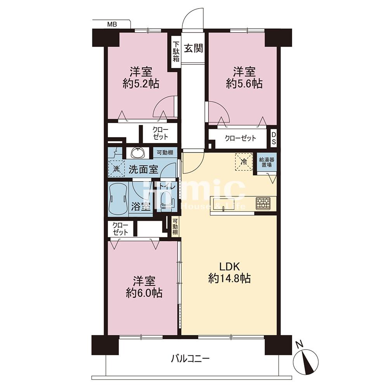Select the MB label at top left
(x=112, y=24)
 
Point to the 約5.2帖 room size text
(x=141, y=84)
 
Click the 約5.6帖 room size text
(x=244, y=84)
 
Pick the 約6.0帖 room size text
(x=144, y=293)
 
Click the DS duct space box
(x=274, y=138)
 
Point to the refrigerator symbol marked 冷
(x=244, y=162)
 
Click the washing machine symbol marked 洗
(x=116, y=168)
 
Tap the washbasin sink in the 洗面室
(x=138, y=152)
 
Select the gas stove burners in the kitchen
(x=263, y=203)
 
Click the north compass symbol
(x=306, y=361)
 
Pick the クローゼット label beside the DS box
(x=240, y=138)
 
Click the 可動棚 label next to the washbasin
(x=165, y=152)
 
